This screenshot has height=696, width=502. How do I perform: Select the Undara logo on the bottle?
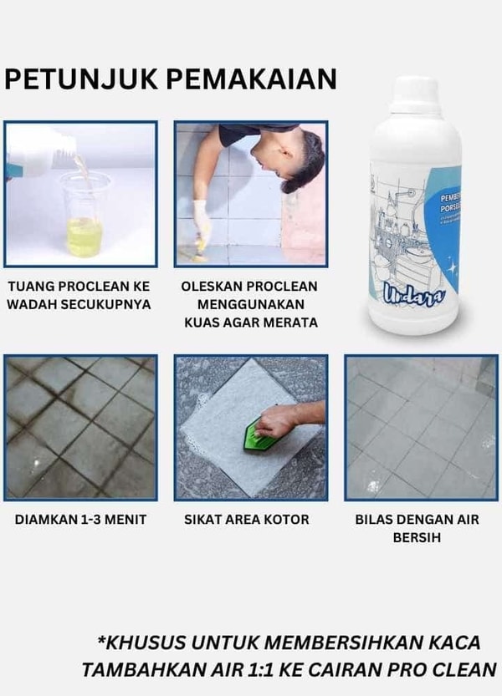409,292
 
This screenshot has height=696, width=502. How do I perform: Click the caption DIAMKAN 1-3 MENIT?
80,520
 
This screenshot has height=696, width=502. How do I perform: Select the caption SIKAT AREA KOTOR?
247,520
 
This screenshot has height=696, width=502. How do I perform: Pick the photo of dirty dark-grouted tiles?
80,427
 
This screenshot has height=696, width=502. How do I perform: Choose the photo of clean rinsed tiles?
421,427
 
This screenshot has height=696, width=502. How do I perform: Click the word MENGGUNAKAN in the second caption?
249,304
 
